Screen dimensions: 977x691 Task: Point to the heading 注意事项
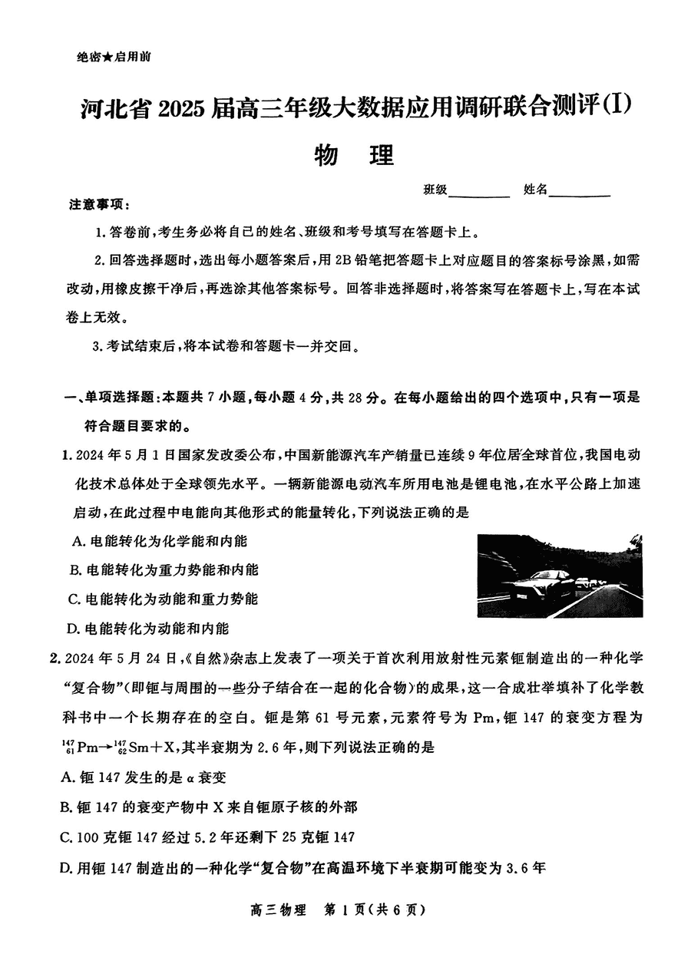99,206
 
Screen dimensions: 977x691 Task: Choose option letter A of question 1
77,541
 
